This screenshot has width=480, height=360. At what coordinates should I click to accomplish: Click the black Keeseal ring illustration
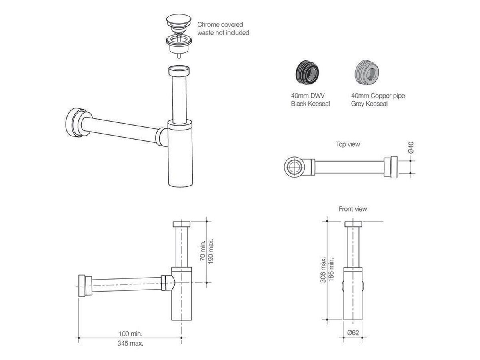click(x=307, y=72)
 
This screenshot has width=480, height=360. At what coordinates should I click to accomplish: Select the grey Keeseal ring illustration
click(x=367, y=72)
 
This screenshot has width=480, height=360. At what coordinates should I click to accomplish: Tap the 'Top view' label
click(x=348, y=144)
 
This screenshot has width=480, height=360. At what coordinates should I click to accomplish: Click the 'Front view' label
click(x=353, y=209)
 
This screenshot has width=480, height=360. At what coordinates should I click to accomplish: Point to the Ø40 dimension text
click(x=411, y=148)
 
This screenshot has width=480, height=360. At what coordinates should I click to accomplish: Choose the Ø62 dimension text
click(x=353, y=332)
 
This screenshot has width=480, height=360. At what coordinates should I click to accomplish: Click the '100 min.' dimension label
click(x=130, y=334)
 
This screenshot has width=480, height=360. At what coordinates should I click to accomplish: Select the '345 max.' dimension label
click(x=130, y=343)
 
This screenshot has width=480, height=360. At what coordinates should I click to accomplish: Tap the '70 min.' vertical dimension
click(x=202, y=250)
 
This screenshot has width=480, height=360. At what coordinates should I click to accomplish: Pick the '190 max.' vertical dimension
click(x=210, y=251)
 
